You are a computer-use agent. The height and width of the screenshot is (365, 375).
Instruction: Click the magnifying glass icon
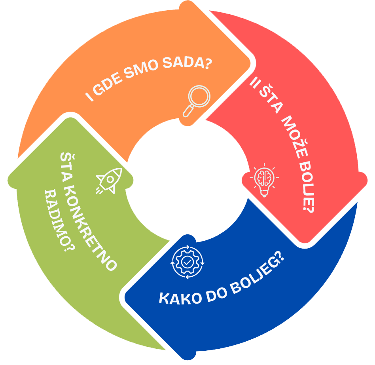[x=197, y=101]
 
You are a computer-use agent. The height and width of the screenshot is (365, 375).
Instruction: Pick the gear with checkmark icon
[x=187, y=262]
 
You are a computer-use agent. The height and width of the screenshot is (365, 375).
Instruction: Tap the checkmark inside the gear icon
[x=187, y=262]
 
